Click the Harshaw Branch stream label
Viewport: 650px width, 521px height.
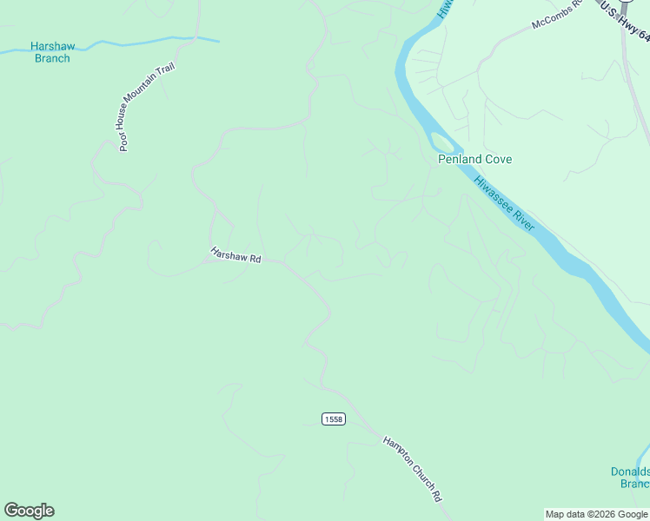coord(51,52)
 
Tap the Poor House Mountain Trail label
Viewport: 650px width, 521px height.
coord(148,107)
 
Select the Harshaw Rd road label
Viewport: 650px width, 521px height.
coord(235,255)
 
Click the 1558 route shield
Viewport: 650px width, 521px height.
coord(333,419)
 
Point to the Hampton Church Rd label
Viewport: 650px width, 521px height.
coord(414,469)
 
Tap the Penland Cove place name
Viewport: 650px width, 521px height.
coord(474,160)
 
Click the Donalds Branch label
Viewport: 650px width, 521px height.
coord(630,478)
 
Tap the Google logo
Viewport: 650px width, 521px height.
coord(29,511)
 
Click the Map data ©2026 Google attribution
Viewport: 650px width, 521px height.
coord(596,514)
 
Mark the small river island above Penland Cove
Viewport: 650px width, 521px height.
coord(442,141)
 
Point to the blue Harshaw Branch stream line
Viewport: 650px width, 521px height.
coord(130,42)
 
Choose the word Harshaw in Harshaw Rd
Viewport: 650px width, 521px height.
coord(229,254)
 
